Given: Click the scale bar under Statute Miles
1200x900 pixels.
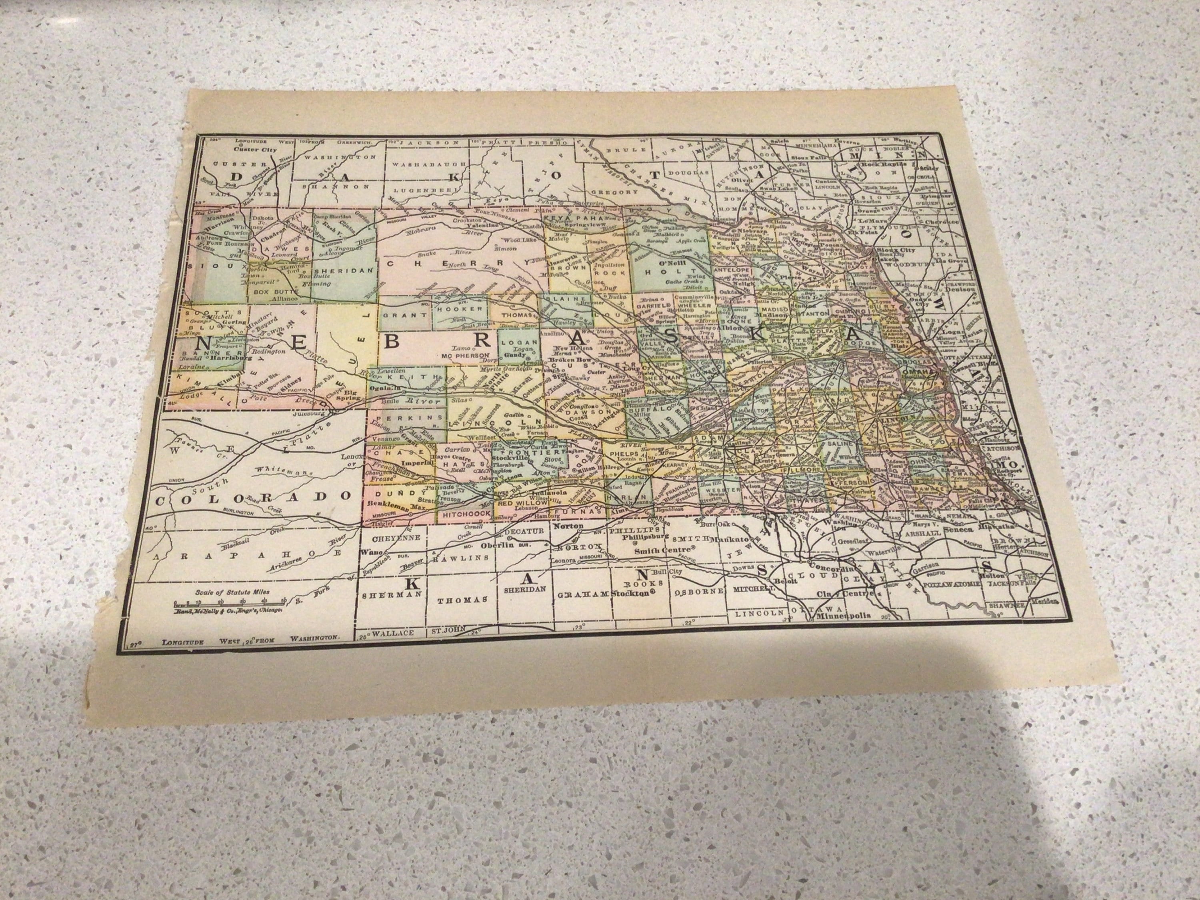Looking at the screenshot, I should coord(228,603).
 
